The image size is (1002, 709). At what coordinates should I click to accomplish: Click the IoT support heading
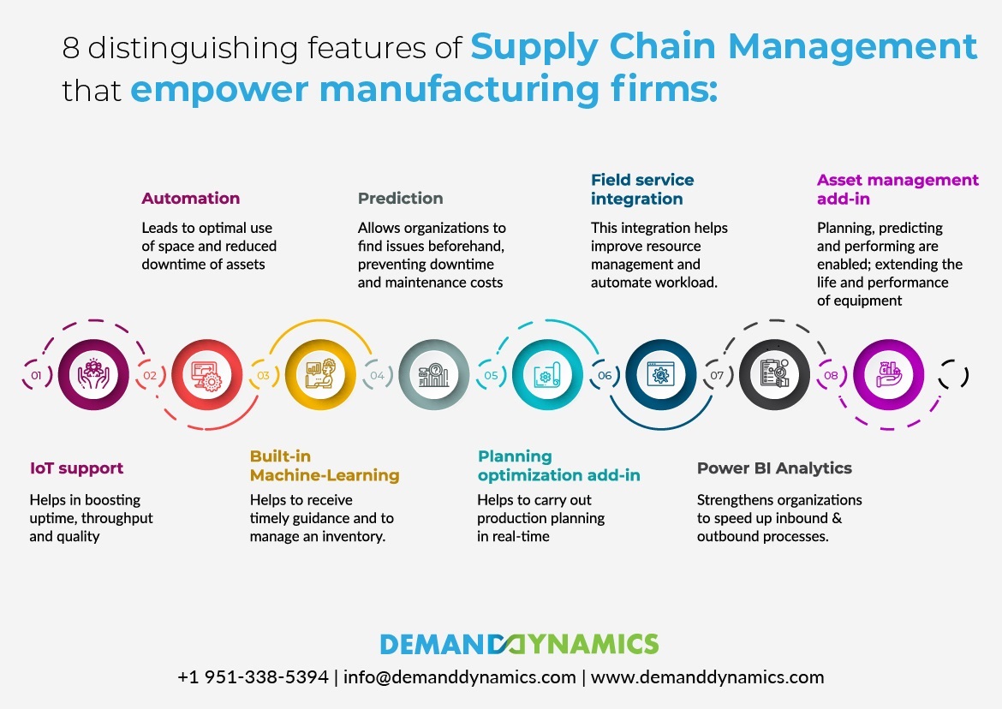pos(77,468)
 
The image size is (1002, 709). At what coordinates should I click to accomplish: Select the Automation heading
pos(190,198)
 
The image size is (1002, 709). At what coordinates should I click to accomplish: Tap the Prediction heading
pos(400,198)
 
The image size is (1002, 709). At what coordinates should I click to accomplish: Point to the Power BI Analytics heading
pos(774,468)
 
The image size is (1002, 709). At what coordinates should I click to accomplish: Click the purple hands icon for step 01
pos(93,374)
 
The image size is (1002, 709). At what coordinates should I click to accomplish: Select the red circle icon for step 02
pos(207,374)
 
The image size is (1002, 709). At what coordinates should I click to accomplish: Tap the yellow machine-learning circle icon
pos(320,374)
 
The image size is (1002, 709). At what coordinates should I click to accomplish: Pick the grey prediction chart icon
pos(434,374)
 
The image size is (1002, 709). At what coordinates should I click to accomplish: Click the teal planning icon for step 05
pos(547,374)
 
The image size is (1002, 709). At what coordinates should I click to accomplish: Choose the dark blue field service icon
pos(661,374)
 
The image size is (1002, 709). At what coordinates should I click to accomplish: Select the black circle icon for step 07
pos(774,374)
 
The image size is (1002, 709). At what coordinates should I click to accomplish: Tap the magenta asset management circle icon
pos(888,374)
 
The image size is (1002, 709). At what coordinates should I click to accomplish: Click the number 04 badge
pos(378,375)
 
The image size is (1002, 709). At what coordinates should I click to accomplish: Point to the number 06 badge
pos(605,375)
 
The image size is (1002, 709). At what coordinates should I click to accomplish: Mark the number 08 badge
pos(831,375)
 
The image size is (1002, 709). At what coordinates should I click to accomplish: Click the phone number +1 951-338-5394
pos(253,677)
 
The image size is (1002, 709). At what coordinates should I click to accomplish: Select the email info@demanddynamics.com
pos(459,677)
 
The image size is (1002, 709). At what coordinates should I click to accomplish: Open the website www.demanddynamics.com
pos(707,677)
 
